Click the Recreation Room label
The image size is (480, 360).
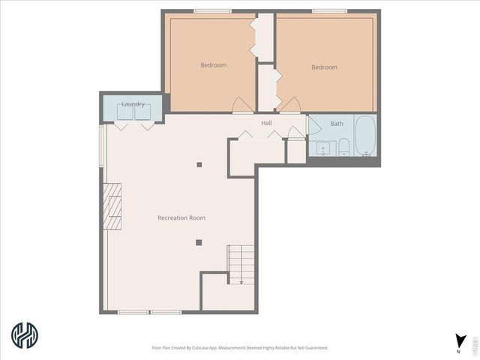click(181, 217)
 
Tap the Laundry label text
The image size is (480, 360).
click(133, 104)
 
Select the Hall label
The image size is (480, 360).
click(266, 122)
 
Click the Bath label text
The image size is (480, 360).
click(337, 124)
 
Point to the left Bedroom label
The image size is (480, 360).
click(213, 65)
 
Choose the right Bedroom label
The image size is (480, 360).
click(324, 67)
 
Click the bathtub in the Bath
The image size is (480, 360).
click(365, 136)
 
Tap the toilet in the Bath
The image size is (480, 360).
click(343, 145)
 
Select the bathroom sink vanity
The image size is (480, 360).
click(323, 148)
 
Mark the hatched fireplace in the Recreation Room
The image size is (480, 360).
click(112, 206)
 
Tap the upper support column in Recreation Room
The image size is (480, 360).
click(199, 164)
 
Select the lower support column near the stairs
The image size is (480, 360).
click(199, 241)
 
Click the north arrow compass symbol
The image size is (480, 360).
click(460, 342)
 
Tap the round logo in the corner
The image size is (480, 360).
click(25, 335)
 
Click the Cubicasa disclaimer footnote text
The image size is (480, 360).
click(240, 348)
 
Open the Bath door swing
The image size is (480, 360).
click(313, 124)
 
